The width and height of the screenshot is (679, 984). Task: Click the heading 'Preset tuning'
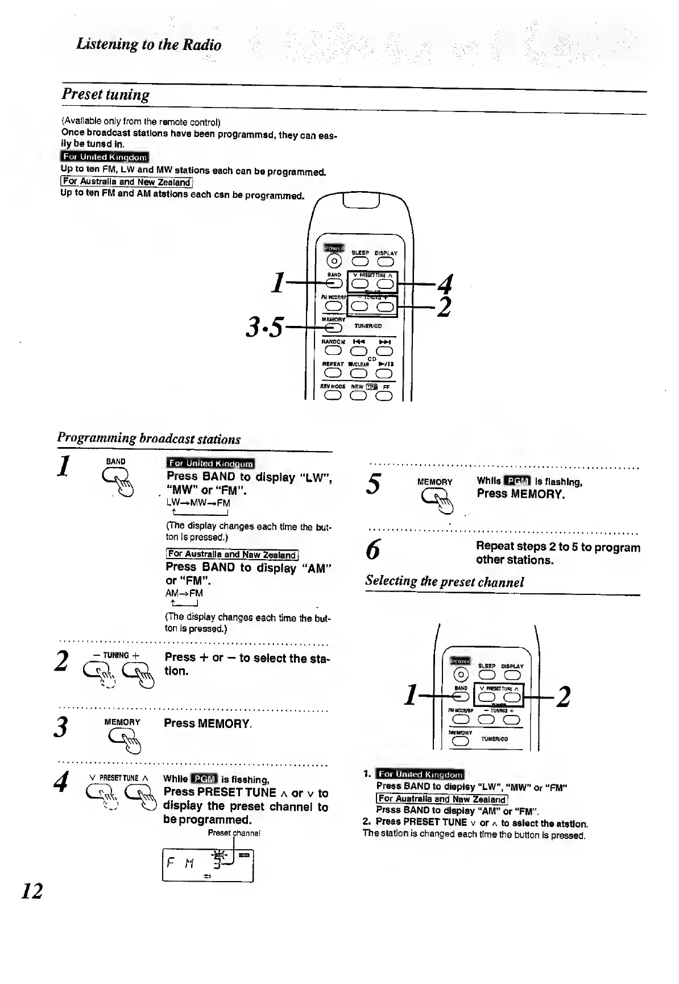[x=106, y=94]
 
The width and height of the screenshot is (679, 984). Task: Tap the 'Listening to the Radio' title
[x=148, y=44]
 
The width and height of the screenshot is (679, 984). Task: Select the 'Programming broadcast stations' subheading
[x=148, y=439]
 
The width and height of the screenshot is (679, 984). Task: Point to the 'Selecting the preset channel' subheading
[x=444, y=581]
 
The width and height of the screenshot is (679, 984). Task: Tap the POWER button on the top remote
[x=334, y=261]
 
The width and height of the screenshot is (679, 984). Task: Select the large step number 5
[x=374, y=484]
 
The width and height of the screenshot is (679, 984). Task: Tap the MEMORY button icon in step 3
[x=122, y=739]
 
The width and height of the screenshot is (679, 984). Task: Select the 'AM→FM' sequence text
[x=184, y=593]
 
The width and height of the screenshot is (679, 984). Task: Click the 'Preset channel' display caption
[x=234, y=833]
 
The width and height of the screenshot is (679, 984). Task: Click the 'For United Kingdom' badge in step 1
[x=210, y=464]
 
